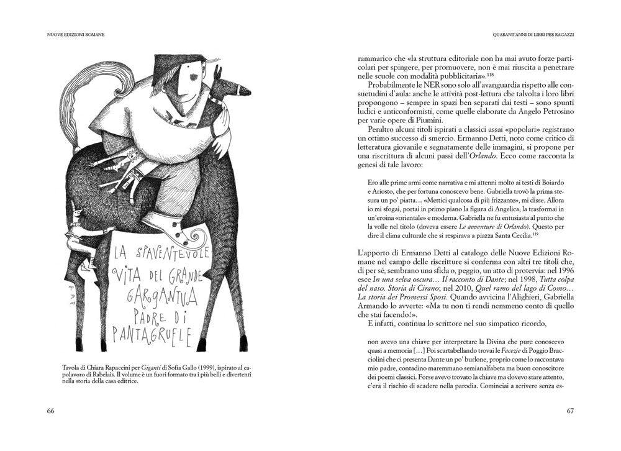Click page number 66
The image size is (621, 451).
[51, 411]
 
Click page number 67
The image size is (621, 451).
[569, 411]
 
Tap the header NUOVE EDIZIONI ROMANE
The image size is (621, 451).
[75, 35]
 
